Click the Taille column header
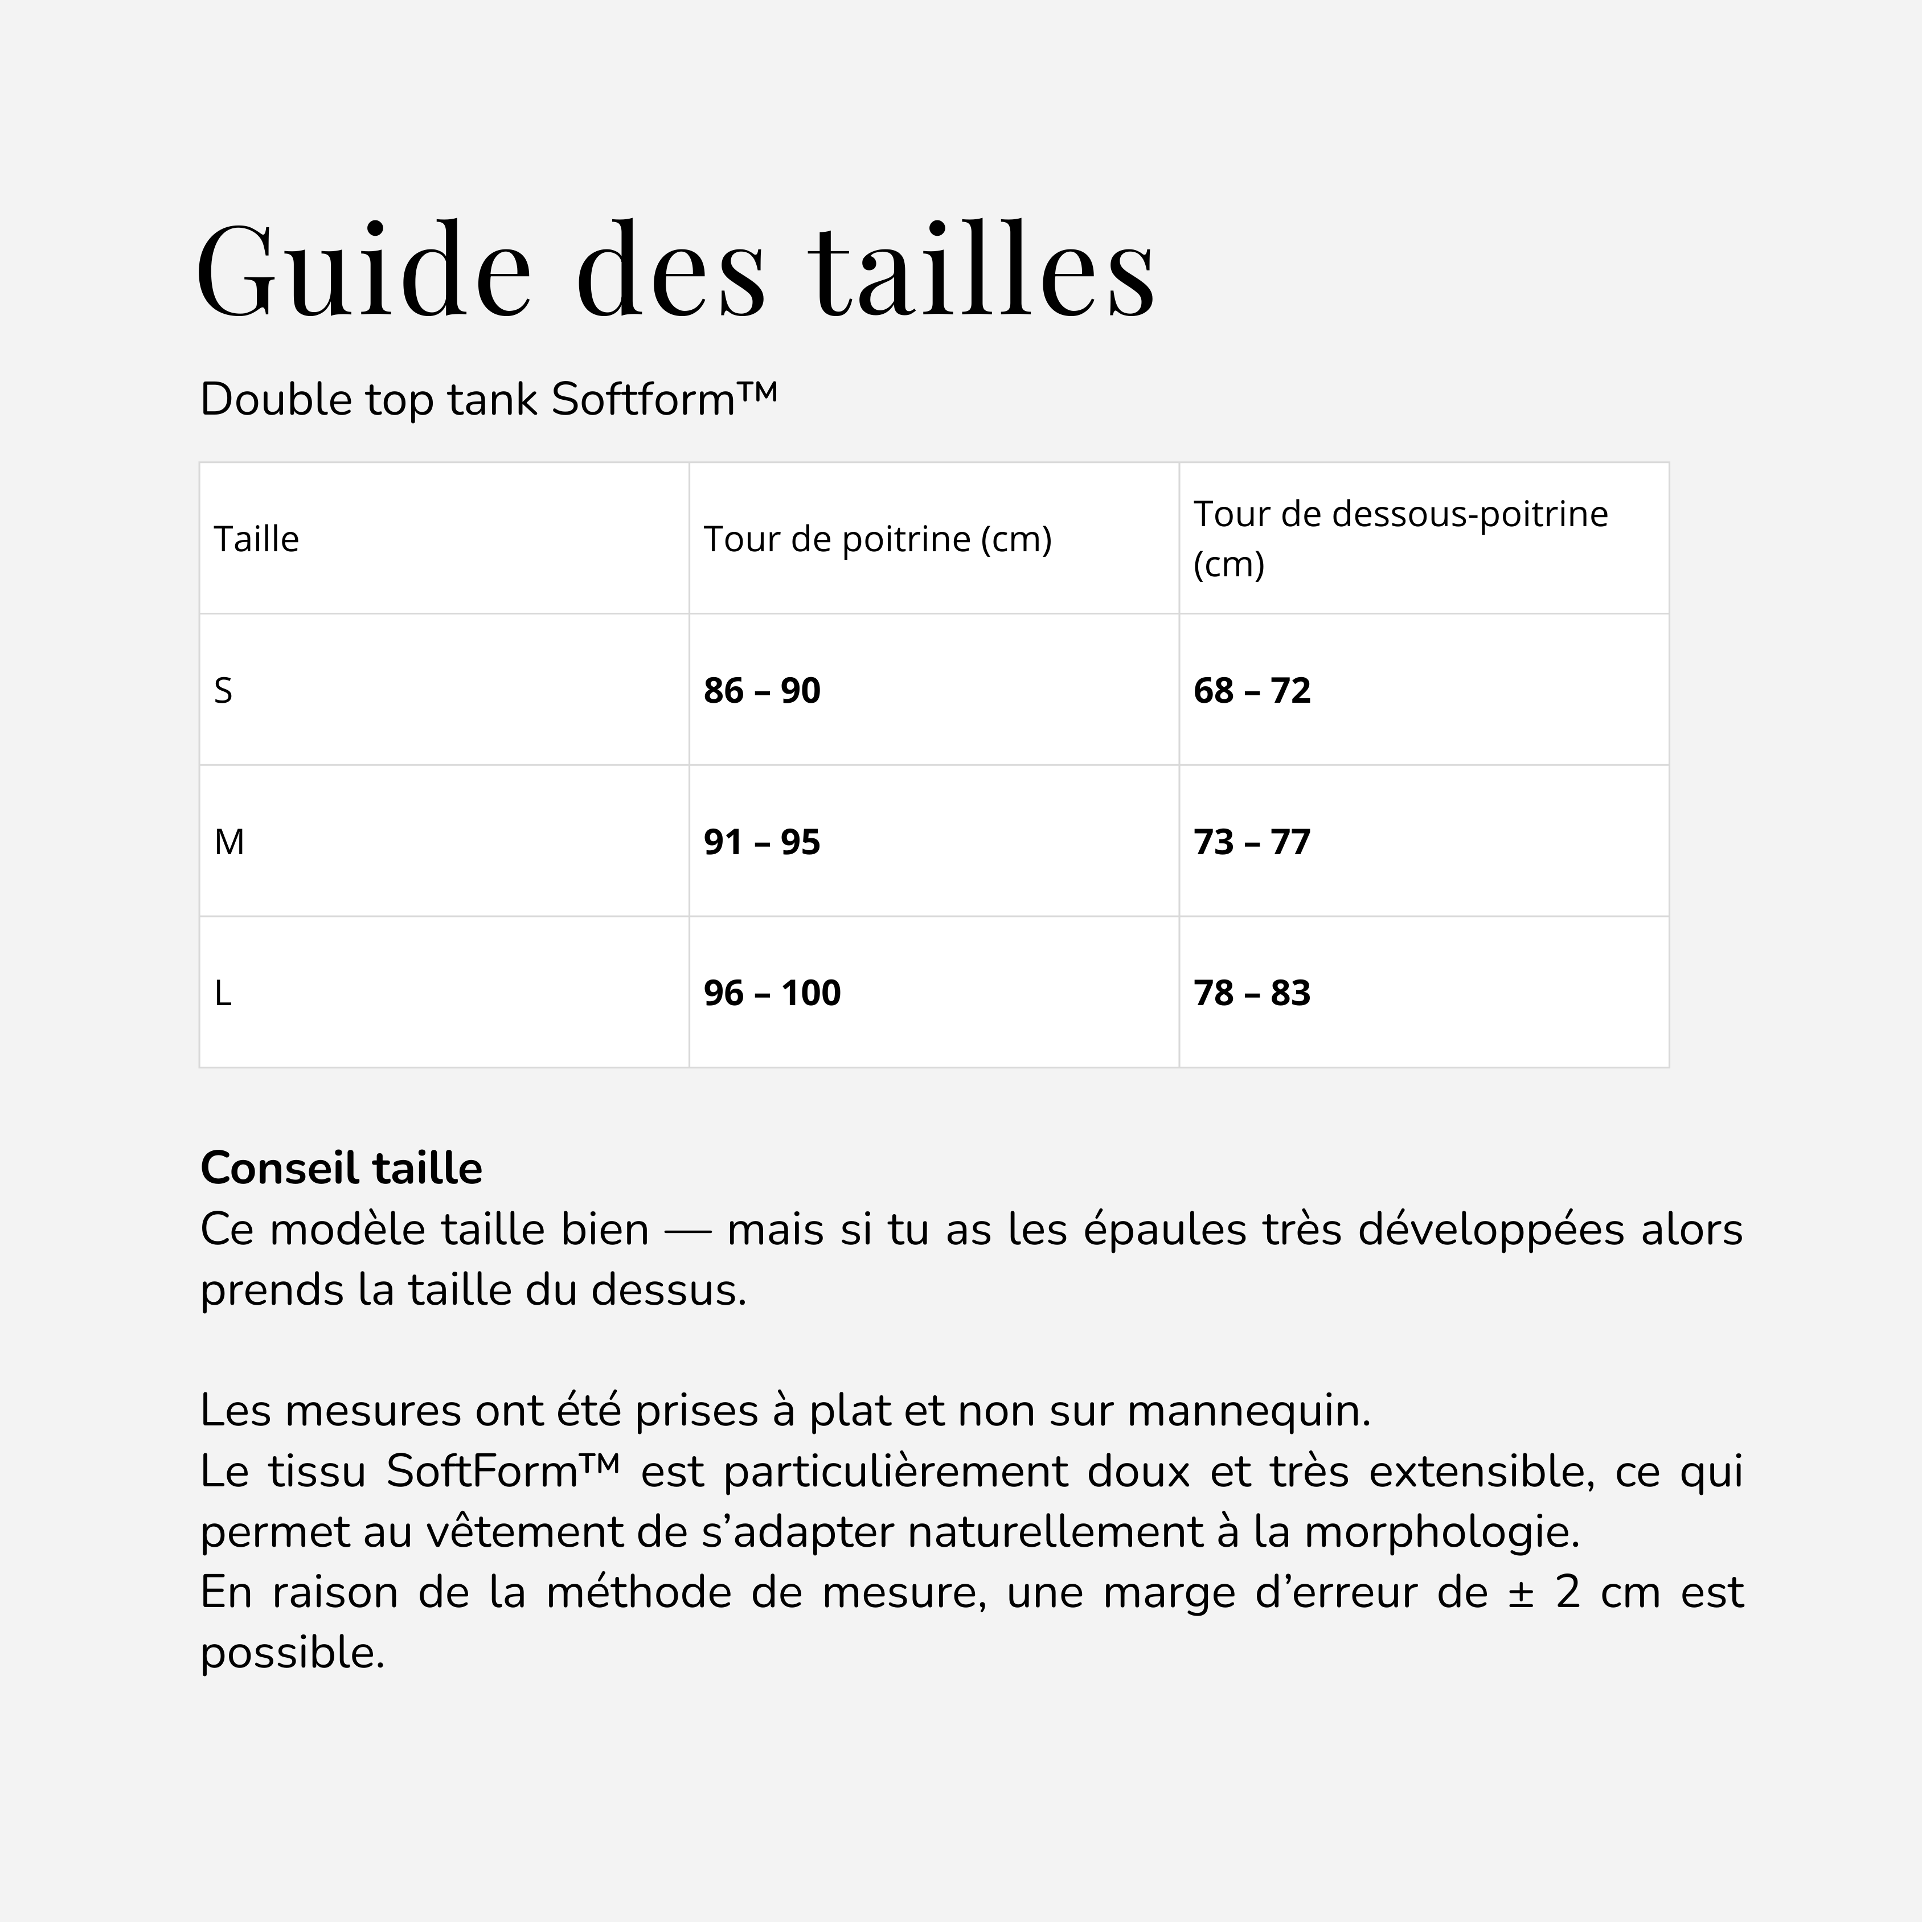tap(257, 539)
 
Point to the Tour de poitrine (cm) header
tap(878, 539)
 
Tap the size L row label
tap(223, 993)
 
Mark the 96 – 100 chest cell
tap(772, 993)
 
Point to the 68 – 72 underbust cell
tap(1252, 690)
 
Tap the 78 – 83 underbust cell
tap(1252, 993)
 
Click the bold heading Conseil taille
tap(341, 1168)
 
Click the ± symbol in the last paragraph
tap(1520, 1593)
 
